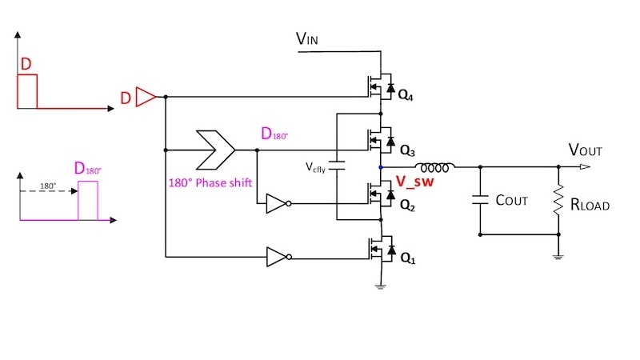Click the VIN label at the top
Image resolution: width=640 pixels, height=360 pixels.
309,38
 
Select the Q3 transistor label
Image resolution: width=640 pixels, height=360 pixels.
407,150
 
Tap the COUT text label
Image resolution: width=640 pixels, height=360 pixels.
512,201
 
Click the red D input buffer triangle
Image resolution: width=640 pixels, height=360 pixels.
146,98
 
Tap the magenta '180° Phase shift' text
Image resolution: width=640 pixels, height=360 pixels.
210,182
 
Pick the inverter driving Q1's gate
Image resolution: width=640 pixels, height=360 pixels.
276,257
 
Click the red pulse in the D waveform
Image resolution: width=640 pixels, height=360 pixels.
27,90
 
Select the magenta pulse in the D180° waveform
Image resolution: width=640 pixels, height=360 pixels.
87,199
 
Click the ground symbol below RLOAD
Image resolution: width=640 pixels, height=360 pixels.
558,255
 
